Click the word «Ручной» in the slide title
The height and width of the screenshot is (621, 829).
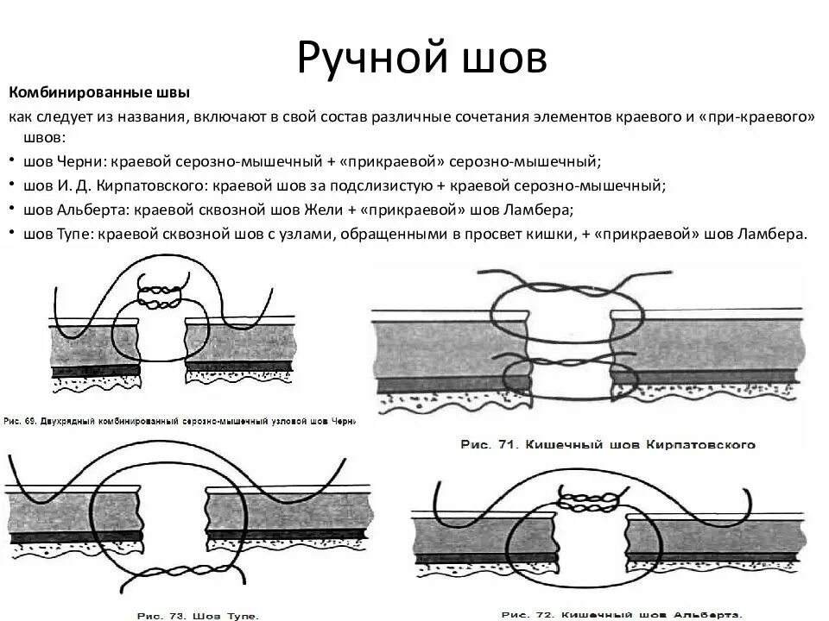(365, 57)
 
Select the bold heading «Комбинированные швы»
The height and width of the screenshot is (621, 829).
(99, 92)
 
